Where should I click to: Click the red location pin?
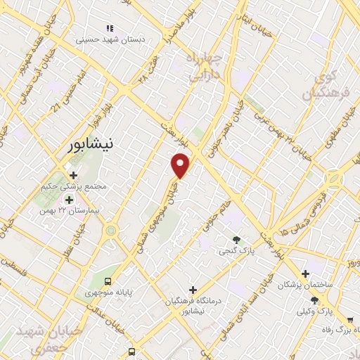click(181, 165)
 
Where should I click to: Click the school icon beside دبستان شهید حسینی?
click(109, 28)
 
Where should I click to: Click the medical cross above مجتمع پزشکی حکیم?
click(72, 174)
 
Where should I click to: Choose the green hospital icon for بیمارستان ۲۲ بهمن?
click(69, 199)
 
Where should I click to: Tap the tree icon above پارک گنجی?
click(236, 239)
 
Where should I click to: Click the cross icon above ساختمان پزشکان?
click(304, 274)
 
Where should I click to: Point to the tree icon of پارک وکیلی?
click(324, 300)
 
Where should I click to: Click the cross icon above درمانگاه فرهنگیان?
click(193, 290)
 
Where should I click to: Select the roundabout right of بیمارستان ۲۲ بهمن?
click(110, 231)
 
